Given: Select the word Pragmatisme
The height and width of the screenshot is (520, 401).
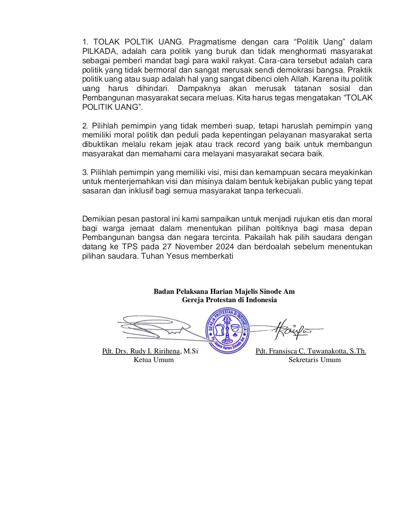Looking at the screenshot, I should click(x=213, y=42).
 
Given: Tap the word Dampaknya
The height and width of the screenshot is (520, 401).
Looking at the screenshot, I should click(x=199, y=89).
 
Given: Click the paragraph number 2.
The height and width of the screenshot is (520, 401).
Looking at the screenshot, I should click(x=85, y=126).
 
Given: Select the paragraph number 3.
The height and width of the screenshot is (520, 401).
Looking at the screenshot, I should click(x=85, y=173).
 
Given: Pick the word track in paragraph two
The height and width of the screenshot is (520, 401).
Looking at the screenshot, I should click(x=224, y=145).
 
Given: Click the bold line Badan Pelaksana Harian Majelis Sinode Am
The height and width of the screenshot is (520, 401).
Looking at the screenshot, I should click(x=224, y=291).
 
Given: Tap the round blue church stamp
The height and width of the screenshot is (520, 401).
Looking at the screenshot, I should click(x=228, y=330).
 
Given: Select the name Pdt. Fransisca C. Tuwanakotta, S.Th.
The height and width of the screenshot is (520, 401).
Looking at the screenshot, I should click(x=311, y=351).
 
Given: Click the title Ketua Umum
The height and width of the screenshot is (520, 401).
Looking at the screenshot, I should click(x=154, y=360).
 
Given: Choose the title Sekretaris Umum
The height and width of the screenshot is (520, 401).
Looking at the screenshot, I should click(x=314, y=360).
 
